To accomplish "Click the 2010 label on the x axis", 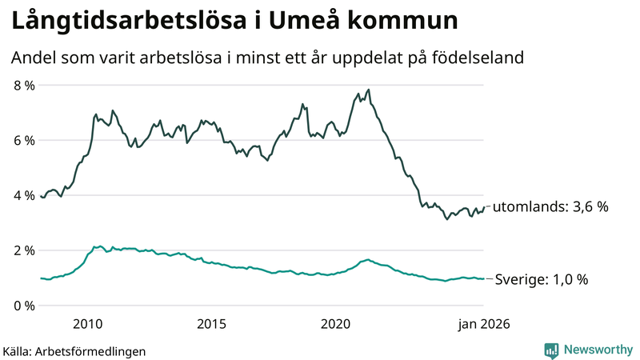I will [88, 324].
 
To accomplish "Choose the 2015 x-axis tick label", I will [212, 324].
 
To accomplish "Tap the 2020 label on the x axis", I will [336, 324].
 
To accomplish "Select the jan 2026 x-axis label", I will [482, 324].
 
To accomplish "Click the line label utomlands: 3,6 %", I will [550, 206].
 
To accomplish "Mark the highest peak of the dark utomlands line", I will [368, 90].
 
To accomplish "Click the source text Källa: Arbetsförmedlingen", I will [74, 350].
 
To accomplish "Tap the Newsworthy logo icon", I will [551, 350].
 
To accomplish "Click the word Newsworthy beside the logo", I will [597, 350].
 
